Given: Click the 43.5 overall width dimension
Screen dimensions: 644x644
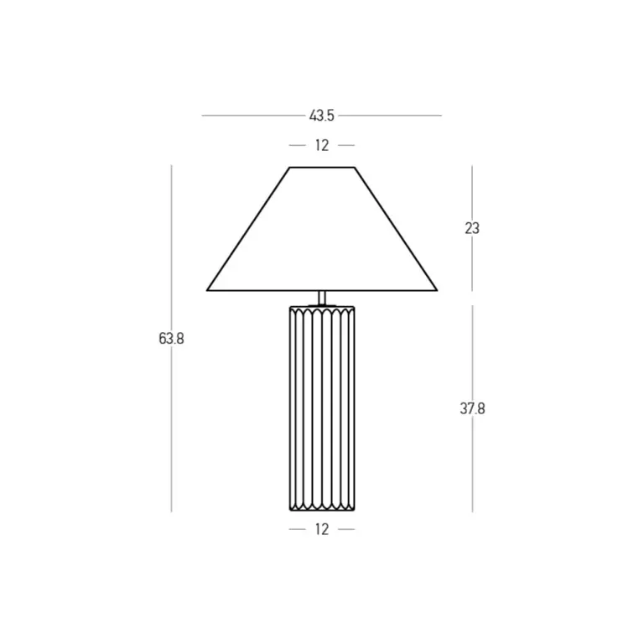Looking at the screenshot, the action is pyautogui.click(x=322, y=116).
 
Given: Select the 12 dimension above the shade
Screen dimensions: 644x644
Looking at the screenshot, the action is pyautogui.click(x=322, y=145).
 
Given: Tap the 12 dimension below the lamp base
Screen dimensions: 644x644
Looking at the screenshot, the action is pyautogui.click(x=322, y=529).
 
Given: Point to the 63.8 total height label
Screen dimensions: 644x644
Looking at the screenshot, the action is pyautogui.click(x=171, y=339).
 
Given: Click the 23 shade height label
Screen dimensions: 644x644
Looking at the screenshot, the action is pyautogui.click(x=472, y=228).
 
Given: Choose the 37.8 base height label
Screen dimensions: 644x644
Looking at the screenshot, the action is pyautogui.click(x=472, y=408).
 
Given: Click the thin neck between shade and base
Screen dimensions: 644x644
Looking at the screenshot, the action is pyautogui.click(x=322, y=298).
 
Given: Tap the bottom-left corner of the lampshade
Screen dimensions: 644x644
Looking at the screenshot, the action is pyautogui.click(x=207, y=290).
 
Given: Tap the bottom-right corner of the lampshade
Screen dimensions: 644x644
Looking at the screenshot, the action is pyautogui.click(x=437, y=290).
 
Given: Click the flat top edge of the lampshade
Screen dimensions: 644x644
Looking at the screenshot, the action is pyautogui.click(x=322, y=167).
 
